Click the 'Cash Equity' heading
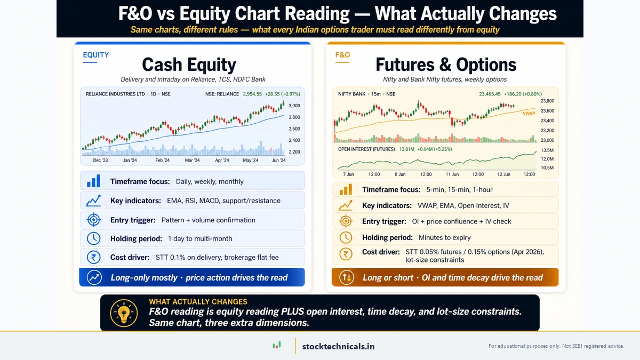pos(189,65)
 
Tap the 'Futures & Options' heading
pos(446,65)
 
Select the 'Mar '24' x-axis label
pos(192,160)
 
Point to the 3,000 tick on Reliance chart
pos(294,106)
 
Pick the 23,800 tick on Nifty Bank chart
pos(547,101)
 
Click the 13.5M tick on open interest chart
pos(548,150)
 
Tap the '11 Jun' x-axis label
pos(452,174)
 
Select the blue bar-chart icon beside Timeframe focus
pos(93,181)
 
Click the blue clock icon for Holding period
pos(93,238)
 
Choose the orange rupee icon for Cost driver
pos(345,254)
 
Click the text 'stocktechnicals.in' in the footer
pos(338,346)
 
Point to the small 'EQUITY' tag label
pos(96,54)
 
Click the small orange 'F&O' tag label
pos(342,54)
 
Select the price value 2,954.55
pos(252,94)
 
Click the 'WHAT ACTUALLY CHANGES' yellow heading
pos(198,302)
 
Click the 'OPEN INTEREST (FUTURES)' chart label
pos(366,149)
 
